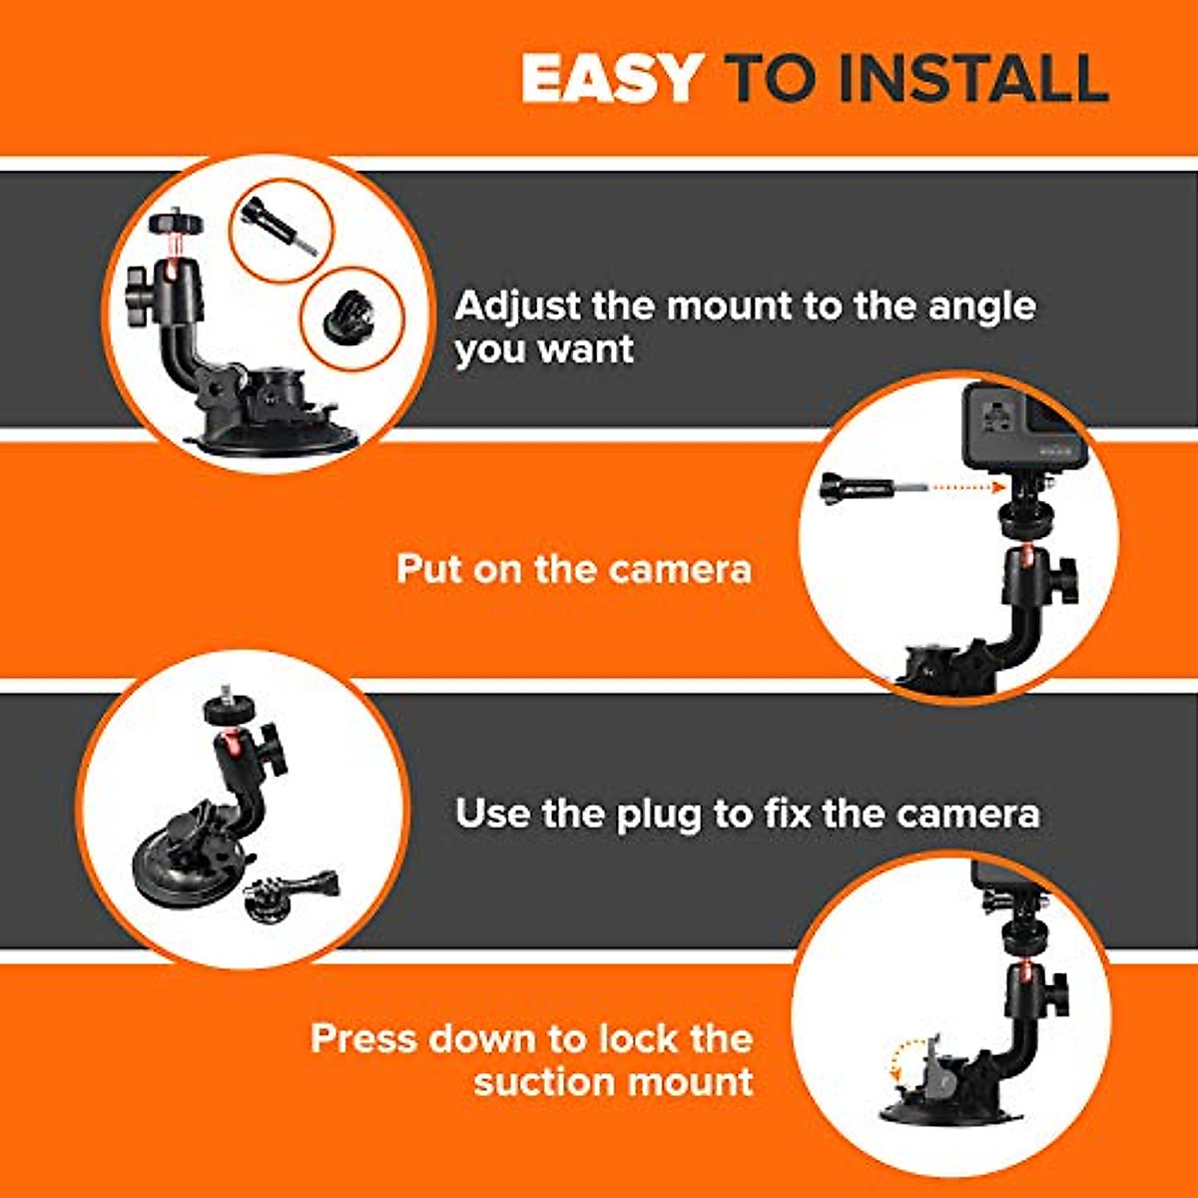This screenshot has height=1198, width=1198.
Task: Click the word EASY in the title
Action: (611, 78)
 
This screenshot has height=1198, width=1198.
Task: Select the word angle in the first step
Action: (981, 307)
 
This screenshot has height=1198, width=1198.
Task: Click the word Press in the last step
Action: (364, 1038)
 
